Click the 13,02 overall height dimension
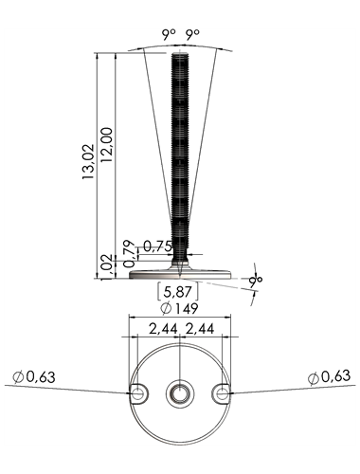click(x=88, y=162)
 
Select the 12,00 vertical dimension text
click(x=107, y=145)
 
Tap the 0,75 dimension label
click(x=157, y=246)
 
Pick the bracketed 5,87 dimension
click(x=178, y=291)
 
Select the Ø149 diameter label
click(x=179, y=308)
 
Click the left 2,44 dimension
click(x=163, y=329)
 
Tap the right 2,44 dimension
click(x=200, y=329)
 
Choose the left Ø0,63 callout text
click(x=34, y=376)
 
